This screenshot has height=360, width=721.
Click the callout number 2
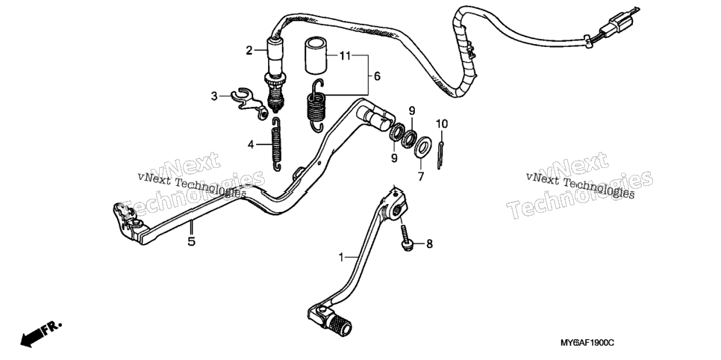point(249,51)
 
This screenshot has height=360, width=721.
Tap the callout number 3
point(214,96)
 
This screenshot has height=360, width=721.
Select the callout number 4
point(251,145)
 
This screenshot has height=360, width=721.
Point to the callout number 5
point(191,240)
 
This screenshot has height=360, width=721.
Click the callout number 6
point(377,76)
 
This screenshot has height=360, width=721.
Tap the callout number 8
point(429,244)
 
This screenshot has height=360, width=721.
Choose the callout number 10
point(441,124)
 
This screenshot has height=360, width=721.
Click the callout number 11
point(345,56)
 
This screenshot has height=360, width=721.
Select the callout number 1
point(341,258)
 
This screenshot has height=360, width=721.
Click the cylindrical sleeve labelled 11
point(316,56)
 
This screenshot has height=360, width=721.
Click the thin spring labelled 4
point(276,144)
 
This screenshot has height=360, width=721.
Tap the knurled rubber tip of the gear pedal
point(340,323)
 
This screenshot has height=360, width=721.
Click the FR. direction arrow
point(40,333)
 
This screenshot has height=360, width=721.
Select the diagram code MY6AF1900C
point(587,344)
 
